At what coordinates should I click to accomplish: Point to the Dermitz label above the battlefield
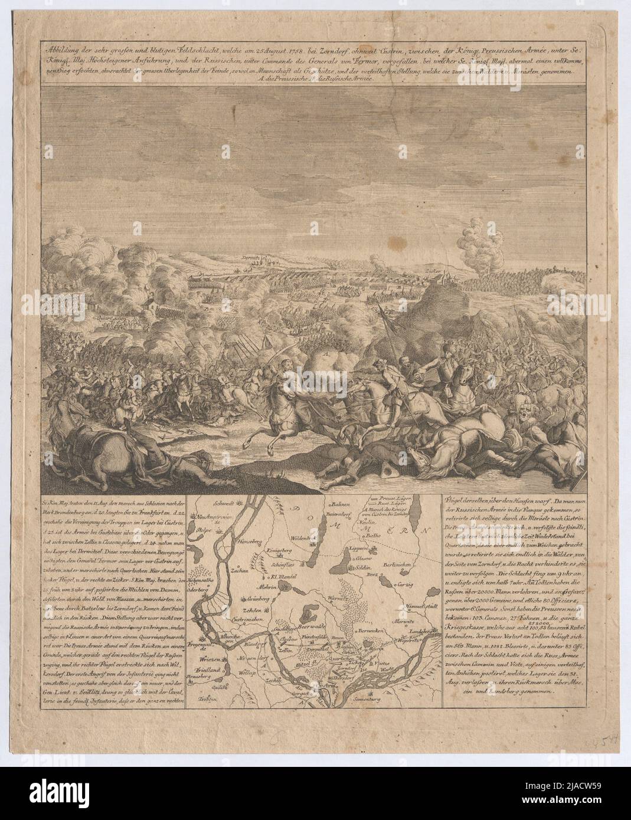point(250,258)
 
